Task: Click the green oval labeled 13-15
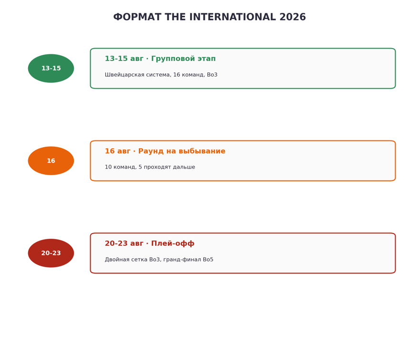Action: [51, 68]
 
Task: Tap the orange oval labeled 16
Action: [51, 160]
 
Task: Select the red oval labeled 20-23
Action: [51, 253]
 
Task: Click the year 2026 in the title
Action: [293, 17]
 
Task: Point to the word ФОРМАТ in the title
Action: [137, 17]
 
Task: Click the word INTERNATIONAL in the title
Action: [232, 17]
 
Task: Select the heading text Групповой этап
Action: [184, 59]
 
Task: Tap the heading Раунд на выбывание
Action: [182, 151]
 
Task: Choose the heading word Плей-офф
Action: [173, 243]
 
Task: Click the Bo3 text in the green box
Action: [212, 75]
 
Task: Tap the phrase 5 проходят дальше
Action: [167, 167]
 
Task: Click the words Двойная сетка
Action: [123, 260]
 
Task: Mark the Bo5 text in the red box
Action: [208, 260]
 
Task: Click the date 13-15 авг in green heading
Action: [124, 59]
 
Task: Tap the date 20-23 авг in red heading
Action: [124, 243]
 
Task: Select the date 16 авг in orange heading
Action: [118, 151]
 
